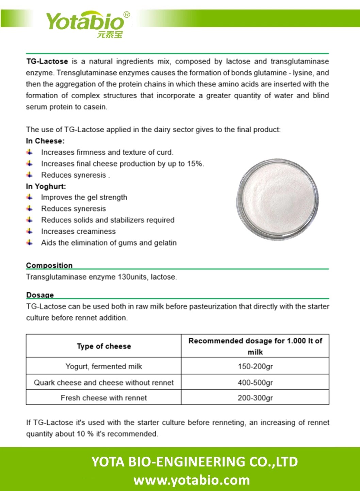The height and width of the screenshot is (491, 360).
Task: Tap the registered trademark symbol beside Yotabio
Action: click(126, 15)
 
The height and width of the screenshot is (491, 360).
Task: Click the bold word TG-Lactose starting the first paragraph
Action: click(47, 62)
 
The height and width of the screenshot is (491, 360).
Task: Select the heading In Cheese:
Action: click(45, 141)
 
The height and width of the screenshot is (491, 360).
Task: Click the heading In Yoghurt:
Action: click(46, 186)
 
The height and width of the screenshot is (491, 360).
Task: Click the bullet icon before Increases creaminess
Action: click(30, 231)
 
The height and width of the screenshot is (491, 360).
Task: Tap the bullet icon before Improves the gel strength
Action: click(30, 197)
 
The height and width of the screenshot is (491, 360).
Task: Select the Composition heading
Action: click(49, 265)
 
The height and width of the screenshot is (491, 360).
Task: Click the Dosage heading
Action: click(40, 295)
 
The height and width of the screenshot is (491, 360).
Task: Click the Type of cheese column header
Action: click(104, 346)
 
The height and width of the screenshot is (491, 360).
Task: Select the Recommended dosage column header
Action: click(255, 346)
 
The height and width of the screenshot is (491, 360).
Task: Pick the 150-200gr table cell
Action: click(255, 367)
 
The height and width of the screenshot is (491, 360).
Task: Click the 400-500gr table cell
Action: click(255, 383)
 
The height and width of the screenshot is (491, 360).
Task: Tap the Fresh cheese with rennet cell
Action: click(104, 398)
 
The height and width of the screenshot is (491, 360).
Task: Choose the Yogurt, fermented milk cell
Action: click(104, 367)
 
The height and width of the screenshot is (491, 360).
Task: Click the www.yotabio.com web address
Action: click(192, 480)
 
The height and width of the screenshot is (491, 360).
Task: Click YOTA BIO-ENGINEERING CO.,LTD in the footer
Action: click(194, 462)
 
